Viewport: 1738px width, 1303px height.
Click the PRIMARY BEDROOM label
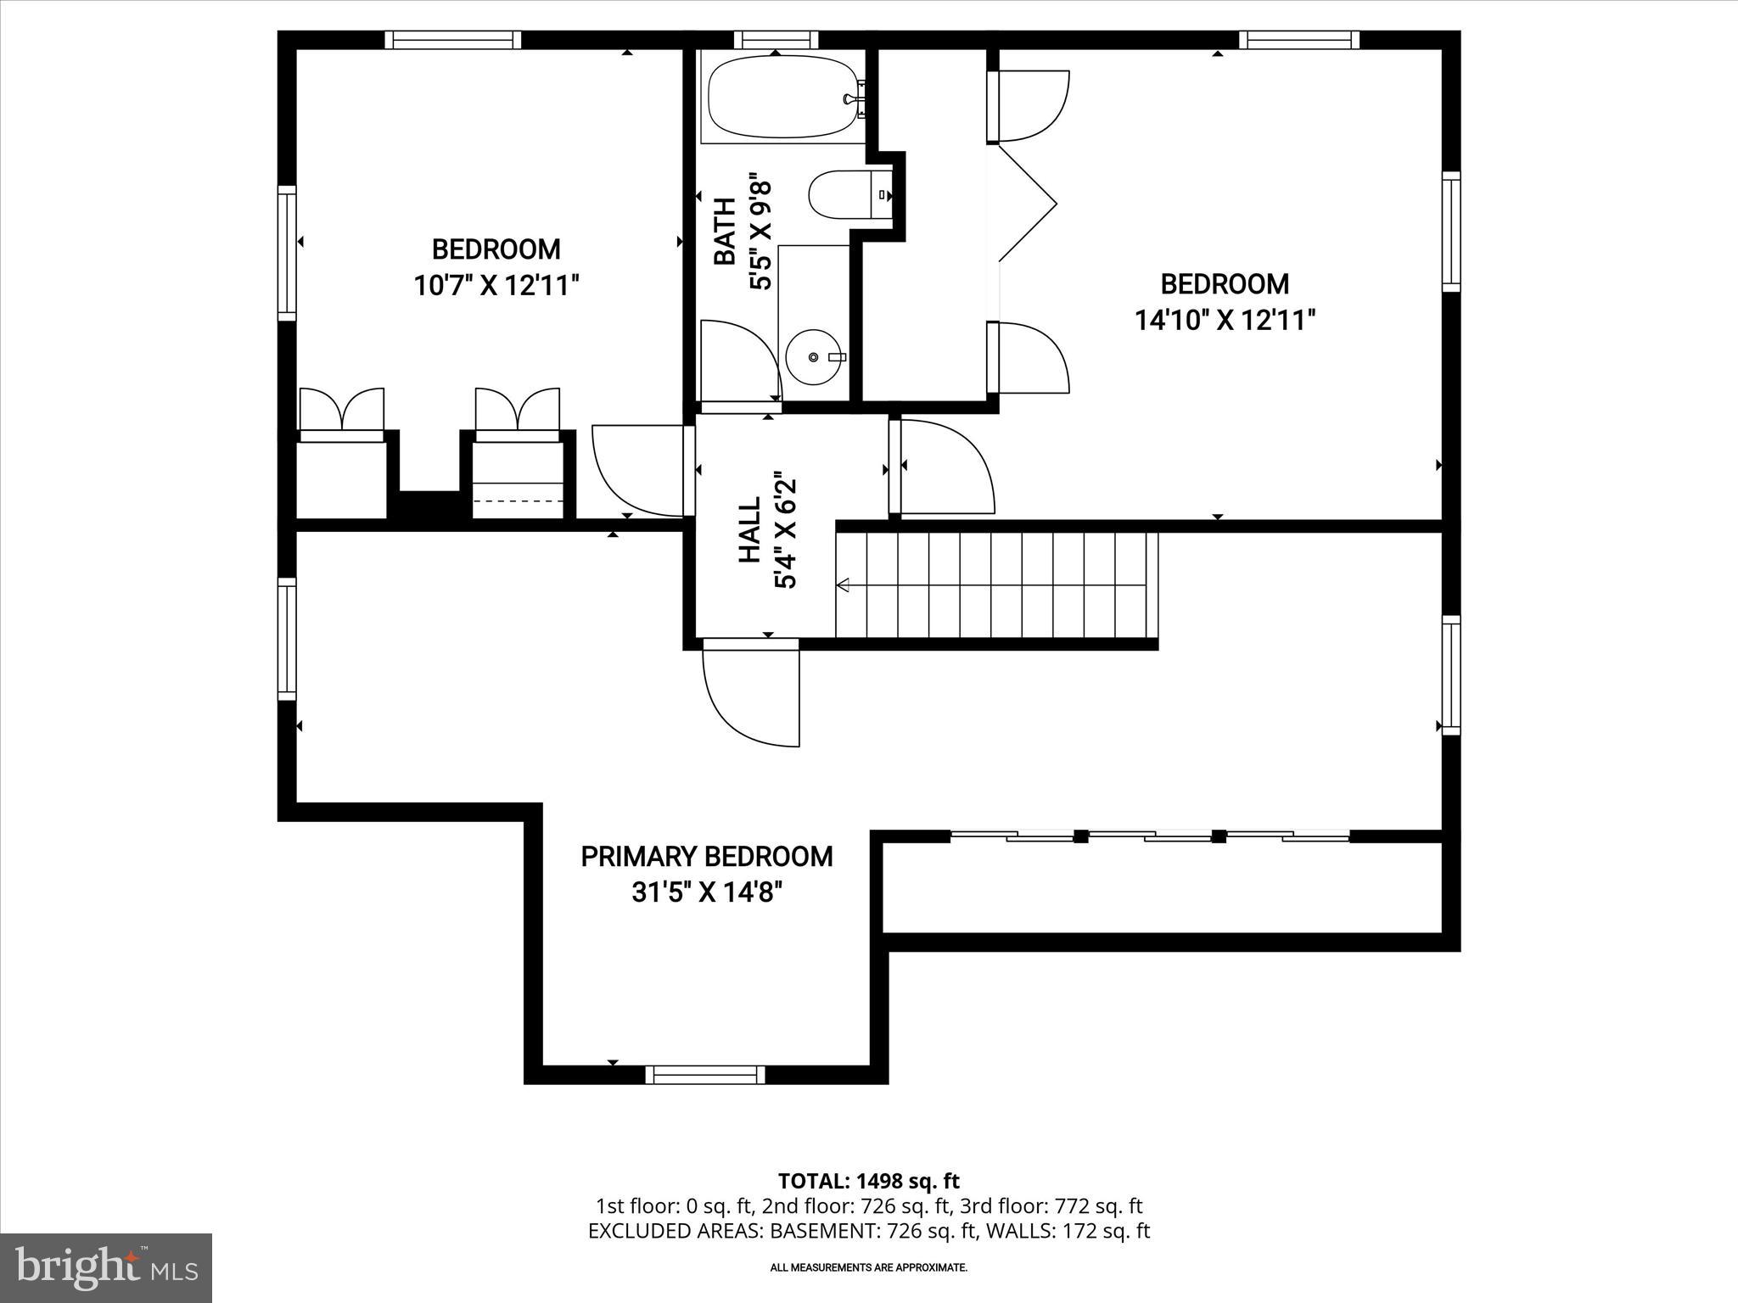707,857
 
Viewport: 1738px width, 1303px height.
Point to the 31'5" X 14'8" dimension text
707,893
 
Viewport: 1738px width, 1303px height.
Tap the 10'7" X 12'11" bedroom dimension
496,285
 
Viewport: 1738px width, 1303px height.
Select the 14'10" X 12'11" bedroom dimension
1225,320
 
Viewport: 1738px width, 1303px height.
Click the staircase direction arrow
844,584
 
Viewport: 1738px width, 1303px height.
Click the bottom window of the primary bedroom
705,1075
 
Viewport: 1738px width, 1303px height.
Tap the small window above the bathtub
776,39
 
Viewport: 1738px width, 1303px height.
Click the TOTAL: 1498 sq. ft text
868,1181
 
